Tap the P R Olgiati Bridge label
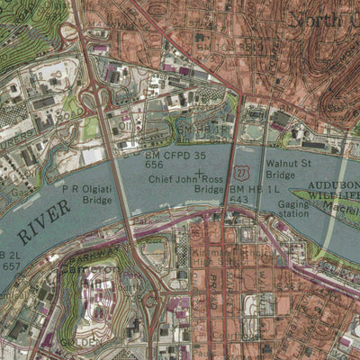pyautogui.click(x=87, y=195)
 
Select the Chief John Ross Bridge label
pyautogui.click(x=185, y=185)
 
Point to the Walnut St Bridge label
pyautogui.click(x=288, y=169)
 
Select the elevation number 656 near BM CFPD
pyautogui.click(x=154, y=166)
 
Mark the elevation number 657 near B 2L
pyautogui.click(x=11, y=266)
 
